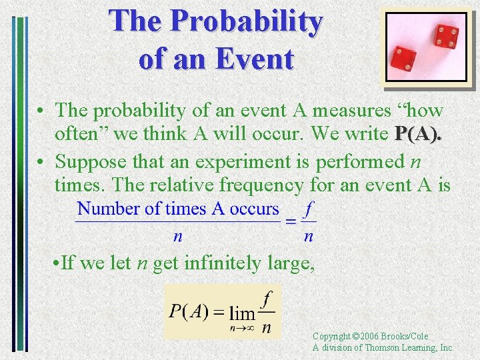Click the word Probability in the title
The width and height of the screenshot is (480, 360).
point(247,22)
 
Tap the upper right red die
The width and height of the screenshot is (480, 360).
point(445,37)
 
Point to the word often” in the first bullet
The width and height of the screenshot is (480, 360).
point(82,133)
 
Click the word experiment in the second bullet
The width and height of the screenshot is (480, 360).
point(237,161)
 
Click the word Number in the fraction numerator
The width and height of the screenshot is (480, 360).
point(108,209)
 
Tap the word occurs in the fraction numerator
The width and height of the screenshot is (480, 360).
point(254,209)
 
